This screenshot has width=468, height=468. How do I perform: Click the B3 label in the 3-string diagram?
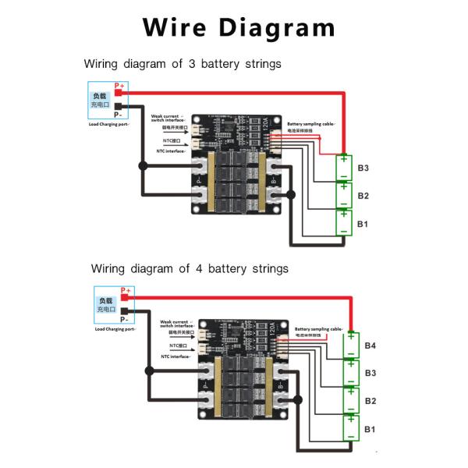(363, 168)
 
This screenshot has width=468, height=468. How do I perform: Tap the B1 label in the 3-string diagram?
(363, 224)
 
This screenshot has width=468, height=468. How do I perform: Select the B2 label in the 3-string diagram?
(363, 196)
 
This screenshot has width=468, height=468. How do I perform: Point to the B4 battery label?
(370, 346)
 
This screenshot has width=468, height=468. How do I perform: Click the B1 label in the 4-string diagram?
(370, 430)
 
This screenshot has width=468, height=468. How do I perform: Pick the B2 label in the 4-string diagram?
(370, 401)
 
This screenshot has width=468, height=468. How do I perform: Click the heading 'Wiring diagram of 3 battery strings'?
(183, 64)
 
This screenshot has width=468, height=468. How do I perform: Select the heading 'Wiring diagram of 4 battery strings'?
(190, 268)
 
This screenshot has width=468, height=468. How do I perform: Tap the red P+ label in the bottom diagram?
(124, 290)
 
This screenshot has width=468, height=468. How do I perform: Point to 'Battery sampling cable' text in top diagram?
(311, 124)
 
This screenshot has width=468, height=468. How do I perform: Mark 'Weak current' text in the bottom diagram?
(176, 321)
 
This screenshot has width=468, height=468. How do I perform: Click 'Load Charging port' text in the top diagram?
(108, 124)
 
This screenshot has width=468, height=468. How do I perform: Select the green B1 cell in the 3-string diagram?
(343, 223)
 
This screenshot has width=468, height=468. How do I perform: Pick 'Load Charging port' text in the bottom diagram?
(113, 328)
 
